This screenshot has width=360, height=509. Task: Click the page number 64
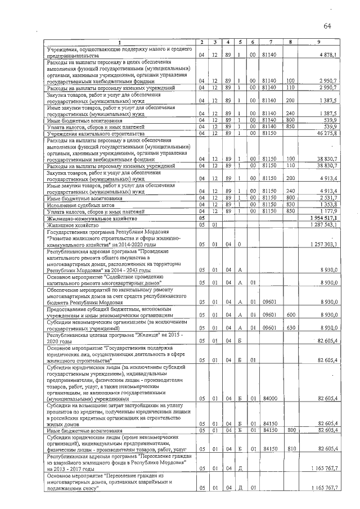click(328, 26)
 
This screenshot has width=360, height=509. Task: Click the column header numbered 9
click(318, 43)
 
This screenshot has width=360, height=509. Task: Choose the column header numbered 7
click(270, 43)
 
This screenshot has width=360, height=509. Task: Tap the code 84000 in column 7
click(270, 399)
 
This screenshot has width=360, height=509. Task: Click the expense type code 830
click(290, 205)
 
